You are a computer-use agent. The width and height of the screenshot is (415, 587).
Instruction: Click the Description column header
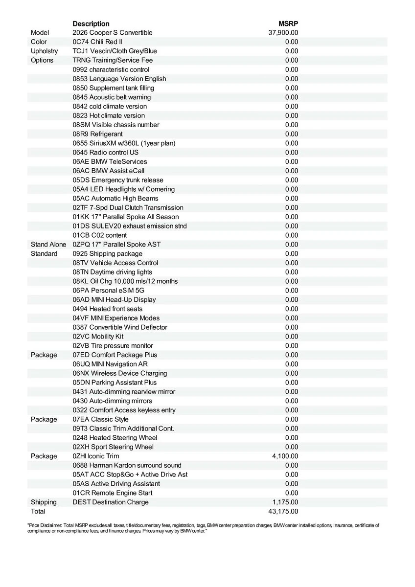click(91, 23)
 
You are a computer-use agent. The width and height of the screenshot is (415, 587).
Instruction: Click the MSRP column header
click(289, 23)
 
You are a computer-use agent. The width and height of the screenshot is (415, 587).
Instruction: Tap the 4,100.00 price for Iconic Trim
click(285, 456)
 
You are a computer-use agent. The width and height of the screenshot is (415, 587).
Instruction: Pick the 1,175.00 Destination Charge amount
click(285, 502)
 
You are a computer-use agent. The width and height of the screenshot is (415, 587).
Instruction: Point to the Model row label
click(40, 33)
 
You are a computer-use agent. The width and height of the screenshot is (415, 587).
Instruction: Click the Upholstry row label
click(44, 51)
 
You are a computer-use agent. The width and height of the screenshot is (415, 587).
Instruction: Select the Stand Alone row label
click(48, 245)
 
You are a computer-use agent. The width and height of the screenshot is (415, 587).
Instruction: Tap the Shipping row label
click(44, 502)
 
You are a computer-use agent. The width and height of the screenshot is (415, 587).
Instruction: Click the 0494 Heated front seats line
click(108, 309)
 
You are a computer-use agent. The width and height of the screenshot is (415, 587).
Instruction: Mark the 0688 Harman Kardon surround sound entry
click(127, 466)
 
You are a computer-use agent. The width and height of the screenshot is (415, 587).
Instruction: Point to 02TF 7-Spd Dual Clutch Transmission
click(128, 208)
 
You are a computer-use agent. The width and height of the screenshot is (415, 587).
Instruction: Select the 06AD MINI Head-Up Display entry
click(114, 300)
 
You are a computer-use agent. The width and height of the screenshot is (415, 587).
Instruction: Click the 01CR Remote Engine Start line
click(113, 493)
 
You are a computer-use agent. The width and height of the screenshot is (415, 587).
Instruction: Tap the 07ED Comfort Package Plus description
click(115, 355)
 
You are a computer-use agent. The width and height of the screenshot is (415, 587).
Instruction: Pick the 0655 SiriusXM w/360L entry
click(124, 143)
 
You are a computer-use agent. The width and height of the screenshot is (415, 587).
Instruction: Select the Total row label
click(38, 512)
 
